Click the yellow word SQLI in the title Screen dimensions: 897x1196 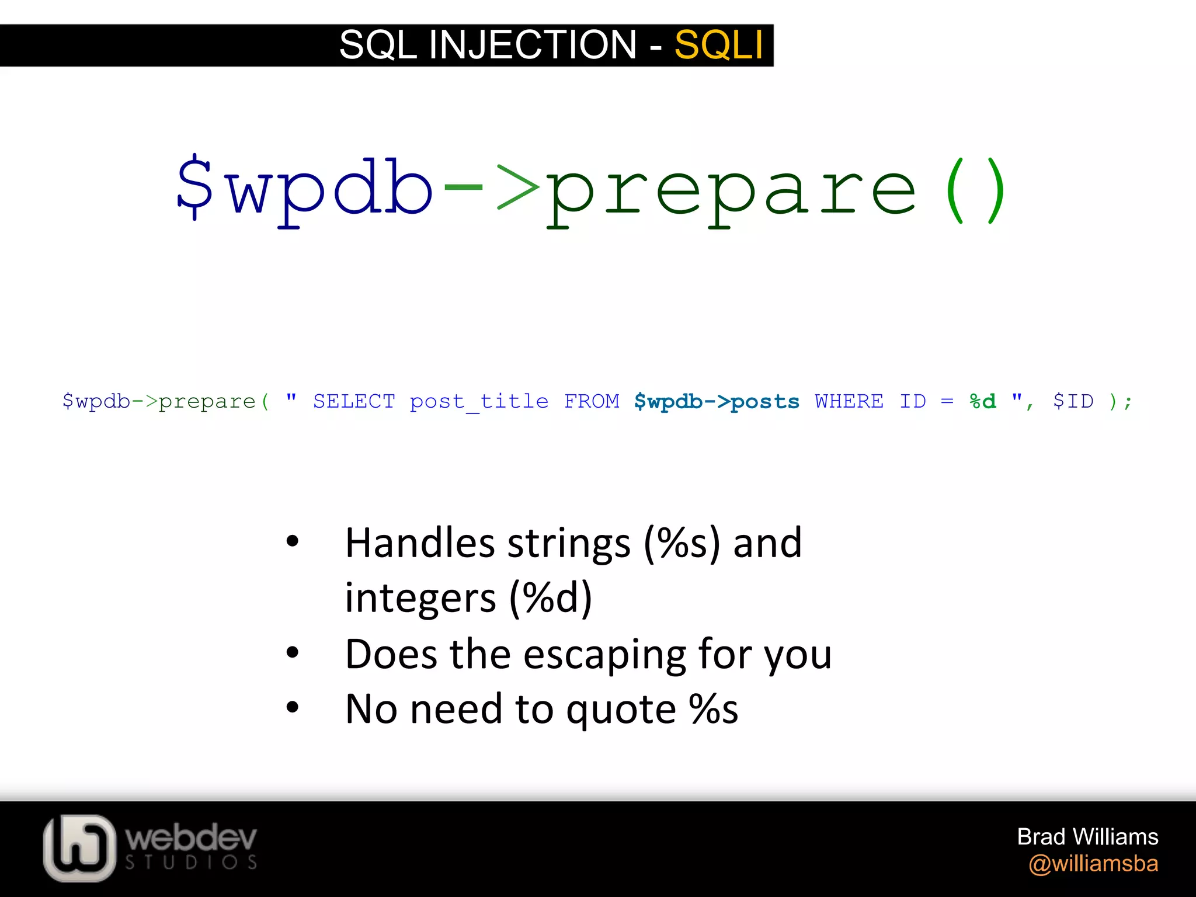point(718,45)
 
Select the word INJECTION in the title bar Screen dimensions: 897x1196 point(532,45)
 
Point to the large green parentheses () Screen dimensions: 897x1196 point(975,190)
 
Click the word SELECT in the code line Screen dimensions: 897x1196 point(354,401)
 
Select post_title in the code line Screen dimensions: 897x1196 point(479,402)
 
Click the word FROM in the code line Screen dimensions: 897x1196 point(592,401)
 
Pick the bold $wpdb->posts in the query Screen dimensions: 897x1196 point(717,401)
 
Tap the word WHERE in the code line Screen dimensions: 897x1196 point(849,401)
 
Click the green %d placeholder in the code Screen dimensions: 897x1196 point(982,401)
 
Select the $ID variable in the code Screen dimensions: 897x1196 point(1073,401)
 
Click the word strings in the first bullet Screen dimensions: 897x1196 point(569,543)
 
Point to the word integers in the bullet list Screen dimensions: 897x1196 point(420,598)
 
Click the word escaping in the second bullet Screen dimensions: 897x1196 point(604,654)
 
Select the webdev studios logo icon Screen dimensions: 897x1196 point(79,847)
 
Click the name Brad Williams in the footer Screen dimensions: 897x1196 point(1087,837)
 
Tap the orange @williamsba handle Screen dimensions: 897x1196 point(1093,864)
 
